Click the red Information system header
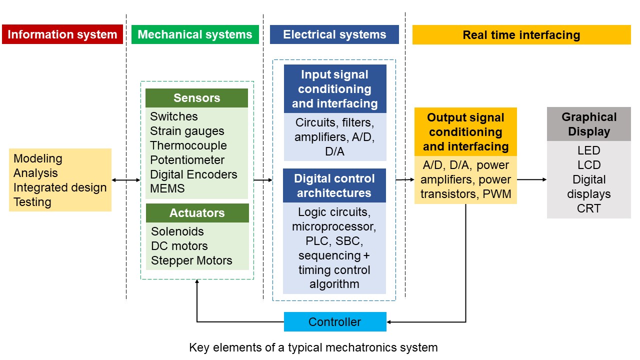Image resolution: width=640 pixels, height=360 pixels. coord(62,34)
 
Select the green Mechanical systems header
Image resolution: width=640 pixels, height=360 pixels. coord(195,34)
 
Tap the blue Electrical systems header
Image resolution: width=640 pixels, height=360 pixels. coord(334,34)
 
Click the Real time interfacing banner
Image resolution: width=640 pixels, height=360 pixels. coord(521,35)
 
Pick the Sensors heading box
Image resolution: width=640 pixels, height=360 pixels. coord(196,98)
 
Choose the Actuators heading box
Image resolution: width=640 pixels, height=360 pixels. coord(197,213)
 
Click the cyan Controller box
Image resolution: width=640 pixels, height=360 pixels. coord(335,321)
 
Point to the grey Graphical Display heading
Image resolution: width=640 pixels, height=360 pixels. coord(588,124)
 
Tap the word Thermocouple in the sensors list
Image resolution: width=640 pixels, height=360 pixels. coord(188,145)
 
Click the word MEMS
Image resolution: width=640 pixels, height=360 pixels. coord(167,188)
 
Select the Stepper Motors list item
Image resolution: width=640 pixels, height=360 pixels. coord(191,260)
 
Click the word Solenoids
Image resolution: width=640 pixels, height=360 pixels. coord(177,231)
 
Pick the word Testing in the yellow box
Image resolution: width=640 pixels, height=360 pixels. coord(32,202)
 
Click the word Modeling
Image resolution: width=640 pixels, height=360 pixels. coord(38,158)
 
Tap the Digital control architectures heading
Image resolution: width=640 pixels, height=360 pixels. coord(334,185)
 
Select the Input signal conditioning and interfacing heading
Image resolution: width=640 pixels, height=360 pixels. coord(334,89)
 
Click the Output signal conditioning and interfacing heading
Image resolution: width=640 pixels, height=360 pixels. coord(465,132)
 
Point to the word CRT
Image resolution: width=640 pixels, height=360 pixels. coord(588,208)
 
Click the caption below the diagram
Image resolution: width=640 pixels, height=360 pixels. coord(313,347)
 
